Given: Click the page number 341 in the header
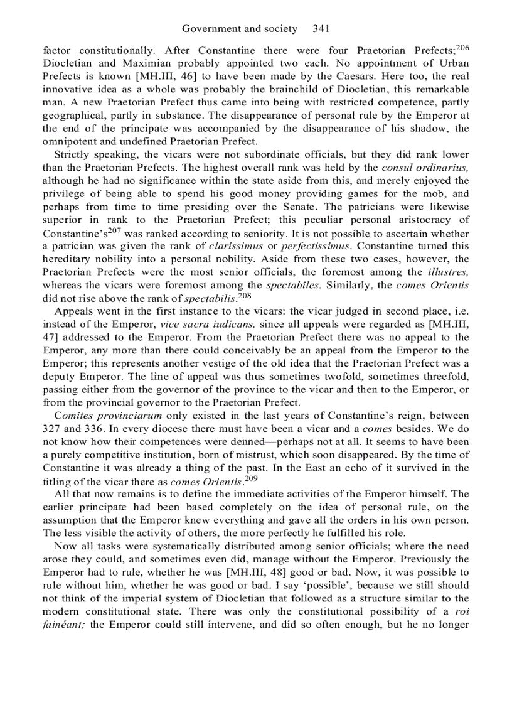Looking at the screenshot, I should point(320,29).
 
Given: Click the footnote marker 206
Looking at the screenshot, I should point(462,47).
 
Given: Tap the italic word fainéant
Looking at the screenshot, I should point(66,625).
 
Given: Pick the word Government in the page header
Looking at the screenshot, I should point(211,29).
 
